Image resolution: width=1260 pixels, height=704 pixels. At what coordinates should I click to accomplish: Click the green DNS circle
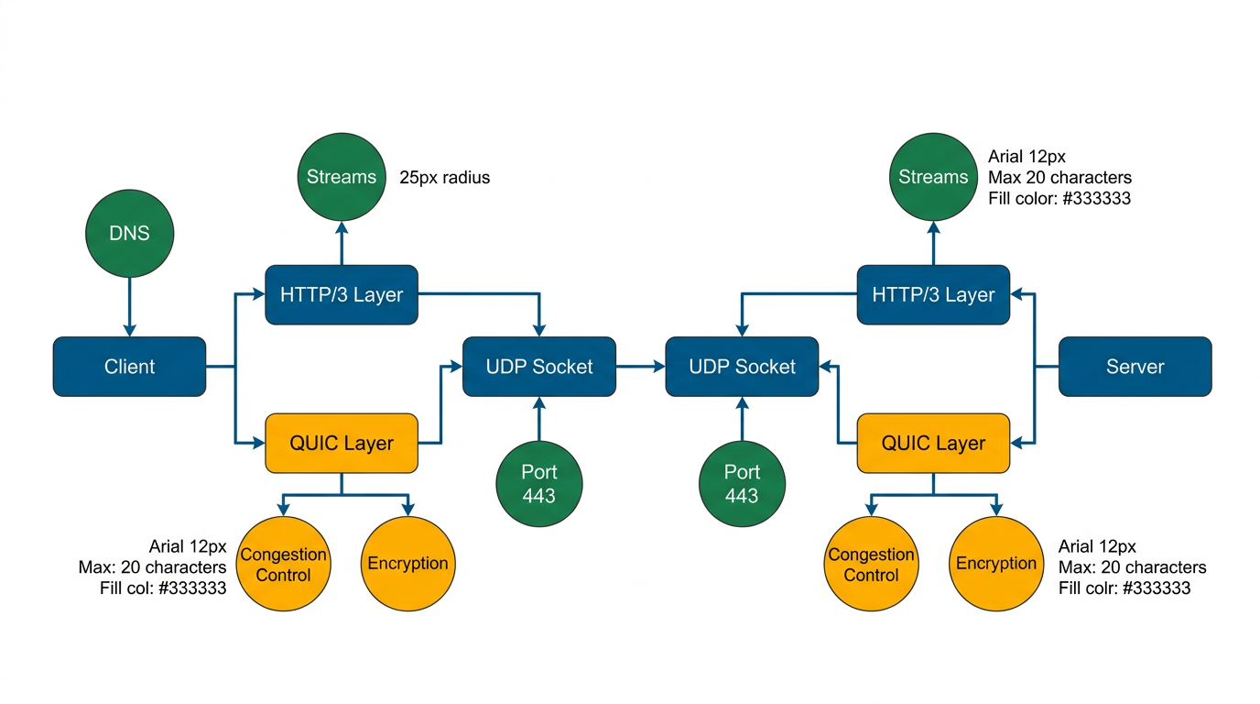click(x=129, y=233)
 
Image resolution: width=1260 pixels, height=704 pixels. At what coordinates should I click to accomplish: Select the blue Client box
click(x=129, y=367)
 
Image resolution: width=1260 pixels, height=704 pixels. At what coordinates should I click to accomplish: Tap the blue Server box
click(x=1135, y=367)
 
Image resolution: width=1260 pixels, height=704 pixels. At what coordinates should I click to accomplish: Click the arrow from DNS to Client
click(x=129, y=306)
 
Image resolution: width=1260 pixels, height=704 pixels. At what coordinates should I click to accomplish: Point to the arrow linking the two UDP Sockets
click(x=640, y=367)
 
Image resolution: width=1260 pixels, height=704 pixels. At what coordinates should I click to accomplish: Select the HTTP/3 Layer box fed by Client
click(x=342, y=295)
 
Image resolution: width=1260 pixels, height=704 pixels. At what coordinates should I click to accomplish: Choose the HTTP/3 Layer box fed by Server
click(x=933, y=295)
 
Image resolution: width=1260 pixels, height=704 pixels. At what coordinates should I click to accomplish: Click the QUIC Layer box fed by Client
click(x=342, y=444)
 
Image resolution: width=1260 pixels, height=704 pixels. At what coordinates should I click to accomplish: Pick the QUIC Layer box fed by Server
click(x=933, y=444)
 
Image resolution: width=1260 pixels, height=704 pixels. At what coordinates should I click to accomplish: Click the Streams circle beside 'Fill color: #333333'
click(x=933, y=177)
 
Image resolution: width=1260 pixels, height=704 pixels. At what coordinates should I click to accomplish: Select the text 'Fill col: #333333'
click(x=162, y=588)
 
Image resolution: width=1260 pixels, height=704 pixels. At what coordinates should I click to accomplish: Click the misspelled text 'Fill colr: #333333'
click(x=1124, y=588)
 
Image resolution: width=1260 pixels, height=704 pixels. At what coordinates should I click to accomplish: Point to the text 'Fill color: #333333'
click(x=1059, y=198)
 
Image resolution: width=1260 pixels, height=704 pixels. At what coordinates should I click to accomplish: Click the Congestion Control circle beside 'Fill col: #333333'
click(x=283, y=565)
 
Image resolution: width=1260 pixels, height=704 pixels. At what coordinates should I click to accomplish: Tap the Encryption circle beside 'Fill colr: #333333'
click(x=995, y=564)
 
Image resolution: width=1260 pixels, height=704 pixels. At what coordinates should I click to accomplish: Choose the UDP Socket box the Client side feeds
click(x=539, y=367)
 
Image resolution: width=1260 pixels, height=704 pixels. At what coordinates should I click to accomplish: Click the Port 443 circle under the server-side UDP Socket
click(x=742, y=483)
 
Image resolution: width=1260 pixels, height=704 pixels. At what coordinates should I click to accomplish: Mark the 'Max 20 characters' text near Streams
click(x=1059, y=178)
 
